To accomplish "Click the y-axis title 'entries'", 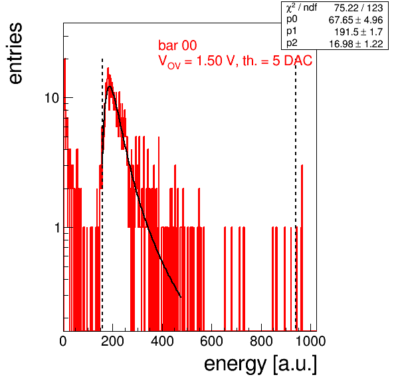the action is coord(16,53).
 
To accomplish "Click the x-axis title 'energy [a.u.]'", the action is coord(260,364).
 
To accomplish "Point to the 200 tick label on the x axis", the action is coord(112,341).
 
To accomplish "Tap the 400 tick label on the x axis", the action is coord(162,341).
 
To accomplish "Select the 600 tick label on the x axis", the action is coord(212,341).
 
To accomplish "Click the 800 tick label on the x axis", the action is coord(261,341).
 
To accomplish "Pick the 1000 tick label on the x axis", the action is coord(310,341).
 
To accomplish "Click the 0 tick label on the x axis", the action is coord(63,341).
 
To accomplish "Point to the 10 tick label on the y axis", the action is coord(52,98).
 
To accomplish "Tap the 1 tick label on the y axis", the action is coord(57,228).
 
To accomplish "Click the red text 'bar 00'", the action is coord(177,45).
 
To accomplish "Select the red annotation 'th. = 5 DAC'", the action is coord(277,61).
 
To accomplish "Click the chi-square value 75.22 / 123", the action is coord(358,9).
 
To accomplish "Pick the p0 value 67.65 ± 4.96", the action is coord(355,20).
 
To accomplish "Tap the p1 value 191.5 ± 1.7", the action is coord(359,32).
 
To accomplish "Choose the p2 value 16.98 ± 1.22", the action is coord(356,44).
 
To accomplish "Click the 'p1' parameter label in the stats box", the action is coord(292,31).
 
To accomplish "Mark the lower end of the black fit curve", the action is coord(181,296).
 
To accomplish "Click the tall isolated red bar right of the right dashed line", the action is coord(302,248).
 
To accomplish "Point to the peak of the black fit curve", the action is coord(110,87).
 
